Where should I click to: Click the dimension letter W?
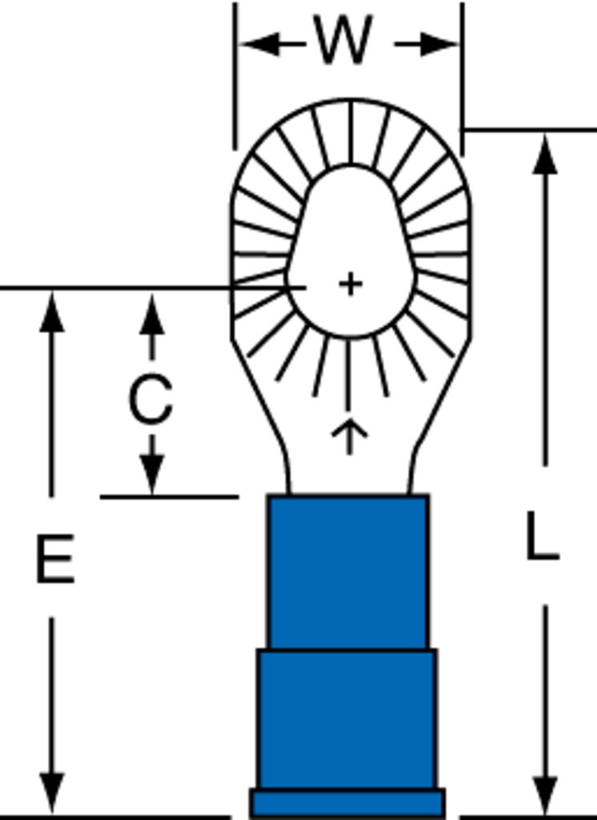343,40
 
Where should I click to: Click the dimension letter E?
55,558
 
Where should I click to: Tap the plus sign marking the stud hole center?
351,284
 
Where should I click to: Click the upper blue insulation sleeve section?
348,572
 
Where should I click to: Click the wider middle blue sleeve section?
347,719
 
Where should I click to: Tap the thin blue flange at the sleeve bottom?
347,802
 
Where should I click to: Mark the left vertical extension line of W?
235,76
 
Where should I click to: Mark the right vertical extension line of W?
462,78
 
